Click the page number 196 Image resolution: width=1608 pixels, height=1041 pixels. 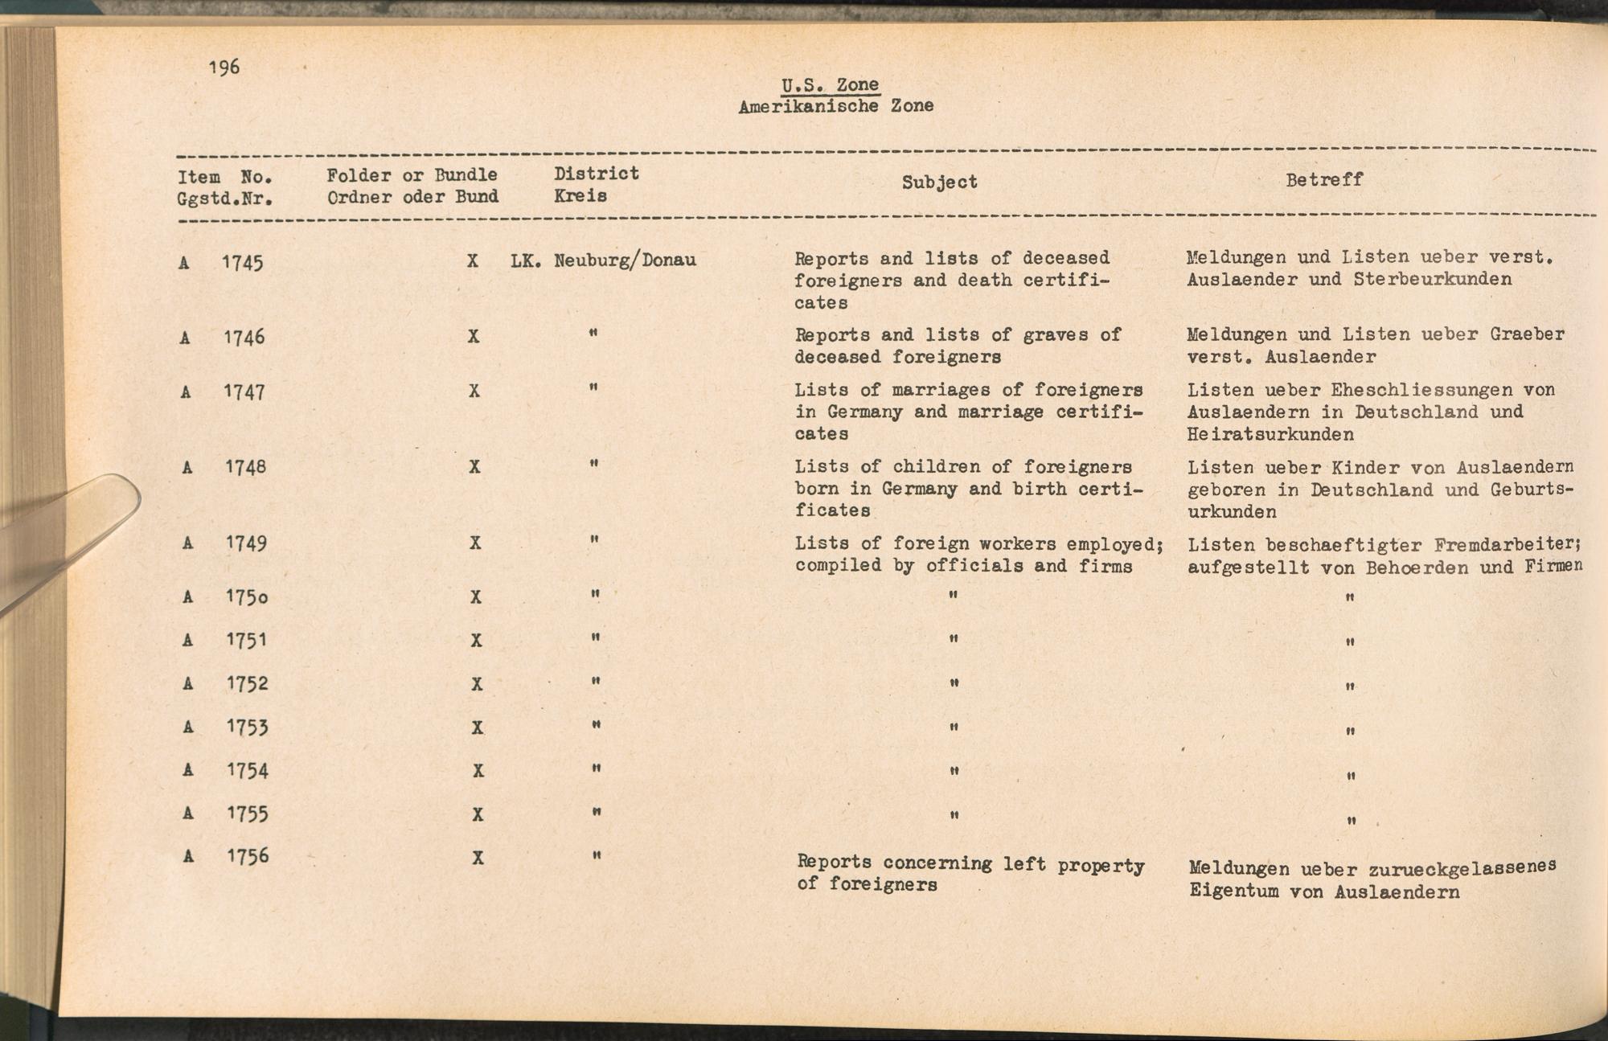[224, 67]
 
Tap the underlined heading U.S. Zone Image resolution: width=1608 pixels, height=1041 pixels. [830, 84]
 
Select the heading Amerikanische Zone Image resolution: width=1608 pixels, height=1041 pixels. [835, 105]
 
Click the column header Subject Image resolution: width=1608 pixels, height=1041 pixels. [939, 182]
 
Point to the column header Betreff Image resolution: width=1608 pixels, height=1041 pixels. [1324, 180]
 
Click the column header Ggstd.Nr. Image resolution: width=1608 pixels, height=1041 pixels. [224, 198]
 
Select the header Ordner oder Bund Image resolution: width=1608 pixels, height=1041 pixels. [412, 197]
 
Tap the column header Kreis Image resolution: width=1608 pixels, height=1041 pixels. [580, 196]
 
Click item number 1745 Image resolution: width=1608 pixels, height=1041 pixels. [243, 262]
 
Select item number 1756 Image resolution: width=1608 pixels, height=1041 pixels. [248, 856]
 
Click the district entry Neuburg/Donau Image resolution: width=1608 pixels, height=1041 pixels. [625, 260]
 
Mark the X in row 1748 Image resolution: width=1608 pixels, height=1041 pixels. [474, 466]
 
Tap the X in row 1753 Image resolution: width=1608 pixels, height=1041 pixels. [477, 727]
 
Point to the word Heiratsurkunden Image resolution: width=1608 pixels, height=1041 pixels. [1270, 435]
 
